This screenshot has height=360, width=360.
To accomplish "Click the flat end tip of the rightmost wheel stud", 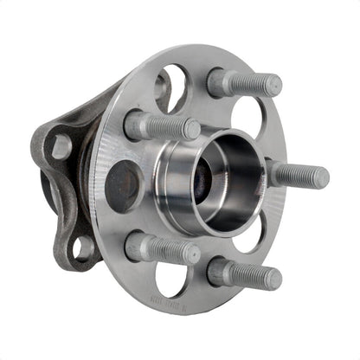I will point(321,178).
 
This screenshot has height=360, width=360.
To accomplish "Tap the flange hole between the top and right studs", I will point(250,117).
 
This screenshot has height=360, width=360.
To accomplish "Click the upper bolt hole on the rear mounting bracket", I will point(60,145).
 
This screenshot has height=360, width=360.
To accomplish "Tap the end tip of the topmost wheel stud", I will point(273,86).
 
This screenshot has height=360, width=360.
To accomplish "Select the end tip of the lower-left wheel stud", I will point(192,254).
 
